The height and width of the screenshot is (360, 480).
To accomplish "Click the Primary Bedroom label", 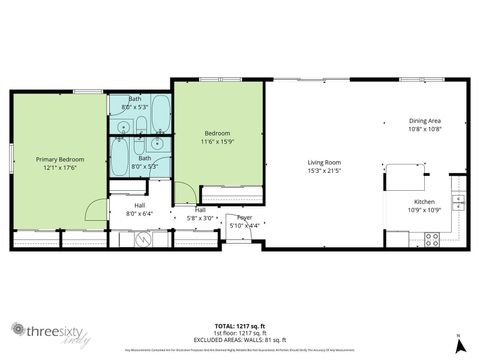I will (60, 159).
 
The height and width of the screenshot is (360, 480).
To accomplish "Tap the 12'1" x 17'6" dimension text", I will (60, 167).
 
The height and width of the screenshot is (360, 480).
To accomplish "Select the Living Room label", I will (324, 162).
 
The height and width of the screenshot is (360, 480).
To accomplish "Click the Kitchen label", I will (425, 201).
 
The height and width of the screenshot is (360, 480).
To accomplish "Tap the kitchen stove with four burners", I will (433, 239).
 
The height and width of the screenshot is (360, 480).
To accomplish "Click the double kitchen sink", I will (458, 201).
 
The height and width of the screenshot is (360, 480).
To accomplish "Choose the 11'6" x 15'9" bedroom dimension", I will (218, 141).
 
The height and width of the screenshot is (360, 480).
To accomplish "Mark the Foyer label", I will (243, 217).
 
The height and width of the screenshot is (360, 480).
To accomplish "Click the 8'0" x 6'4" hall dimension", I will (140, 213).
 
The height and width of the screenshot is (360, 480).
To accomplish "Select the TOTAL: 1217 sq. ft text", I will (239, 326).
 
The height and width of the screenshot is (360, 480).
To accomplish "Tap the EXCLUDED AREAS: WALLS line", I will (239, 338).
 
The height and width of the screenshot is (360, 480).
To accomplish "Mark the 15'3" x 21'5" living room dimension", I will (324, 170).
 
